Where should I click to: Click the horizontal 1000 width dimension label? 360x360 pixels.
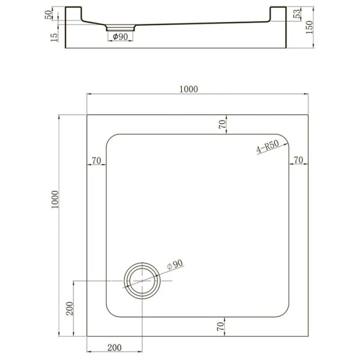click(x=189, y=89)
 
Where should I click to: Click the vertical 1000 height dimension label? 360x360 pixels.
click(x=55, y=199)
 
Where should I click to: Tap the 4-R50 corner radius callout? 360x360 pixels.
click(x=268, y=147)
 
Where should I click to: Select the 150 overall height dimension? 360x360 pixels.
click(x=309, y=27)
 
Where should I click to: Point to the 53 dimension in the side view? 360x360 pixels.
click(x=297, y=14)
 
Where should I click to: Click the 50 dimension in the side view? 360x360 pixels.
click(x=49, y=15)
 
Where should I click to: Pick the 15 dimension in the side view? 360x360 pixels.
click(x=54, y=37)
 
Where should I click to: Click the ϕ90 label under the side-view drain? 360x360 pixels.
click(x=120, y=36)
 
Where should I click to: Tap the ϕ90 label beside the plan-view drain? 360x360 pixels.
click(x=175, y=265)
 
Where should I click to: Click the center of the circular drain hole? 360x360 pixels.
click(x=142, y=281)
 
